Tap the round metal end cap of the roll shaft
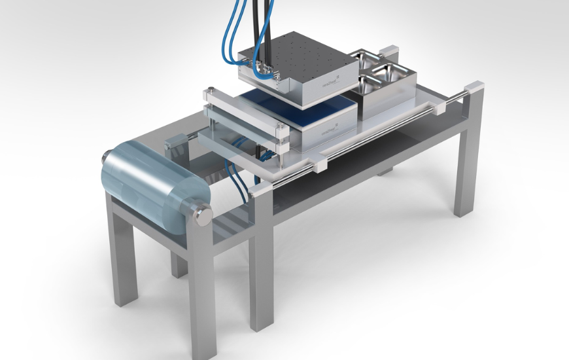click(199, 213)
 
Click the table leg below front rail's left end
click(262, 262)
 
